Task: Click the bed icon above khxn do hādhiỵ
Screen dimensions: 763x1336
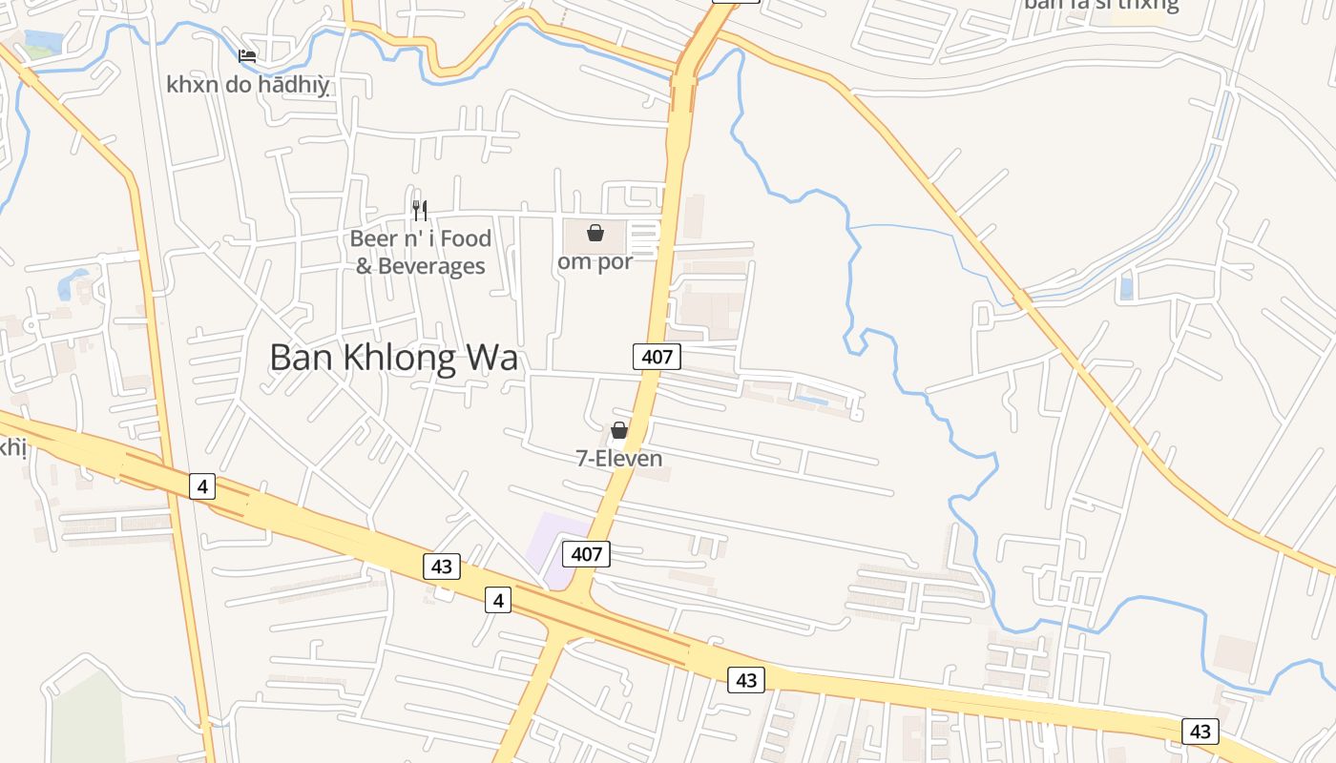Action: pos(247,55)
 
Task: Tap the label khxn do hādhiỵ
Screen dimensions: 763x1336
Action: pos(248,85)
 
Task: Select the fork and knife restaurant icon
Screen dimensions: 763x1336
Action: pos(420,210)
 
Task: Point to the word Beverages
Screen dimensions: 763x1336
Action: pos(431,266)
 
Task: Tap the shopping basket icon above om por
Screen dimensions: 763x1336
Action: pos(595,232)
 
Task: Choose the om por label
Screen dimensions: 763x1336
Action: pos(595,261)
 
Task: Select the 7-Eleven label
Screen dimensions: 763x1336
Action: pos(619,459)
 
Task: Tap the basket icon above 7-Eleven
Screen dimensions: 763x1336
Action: pos(619,430)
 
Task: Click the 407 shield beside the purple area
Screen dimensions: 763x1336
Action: pos(586,553)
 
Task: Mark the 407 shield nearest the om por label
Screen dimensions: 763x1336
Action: pos(657,357)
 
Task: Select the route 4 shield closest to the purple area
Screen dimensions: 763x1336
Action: pos(497,600)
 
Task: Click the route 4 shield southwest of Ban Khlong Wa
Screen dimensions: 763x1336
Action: pos(201,486)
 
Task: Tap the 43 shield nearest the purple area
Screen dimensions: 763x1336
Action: pos(442,567)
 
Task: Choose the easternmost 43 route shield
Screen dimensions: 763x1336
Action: pos(1200,732)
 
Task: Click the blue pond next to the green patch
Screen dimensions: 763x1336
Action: pos(42,39)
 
